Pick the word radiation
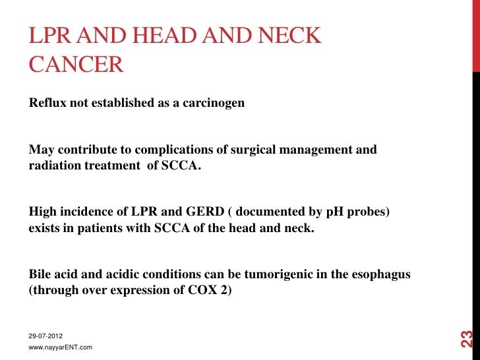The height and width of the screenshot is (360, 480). pos(55,165)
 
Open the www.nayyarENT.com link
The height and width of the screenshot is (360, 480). pos(61,347)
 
